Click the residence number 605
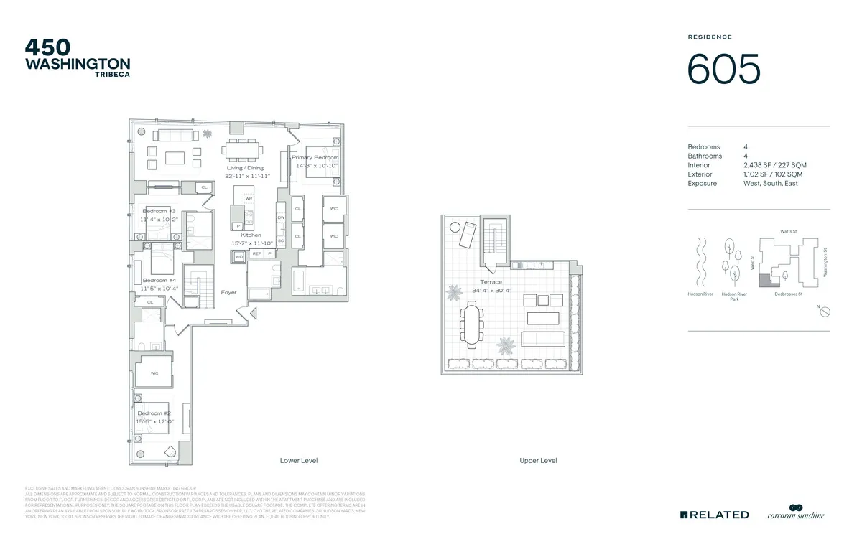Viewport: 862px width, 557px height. point(723,70)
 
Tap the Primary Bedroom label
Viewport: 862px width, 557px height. point(315,157)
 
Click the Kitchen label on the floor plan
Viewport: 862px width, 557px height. point(251,235)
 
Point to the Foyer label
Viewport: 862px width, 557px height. point(228,292)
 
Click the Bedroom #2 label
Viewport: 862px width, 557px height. point(154,413)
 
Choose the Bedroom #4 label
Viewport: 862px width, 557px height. point(159,280)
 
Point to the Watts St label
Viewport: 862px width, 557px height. point(789,231)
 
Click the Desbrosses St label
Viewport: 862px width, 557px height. point(788,294)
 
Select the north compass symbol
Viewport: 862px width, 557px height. point(825,312)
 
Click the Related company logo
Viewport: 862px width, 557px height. point(714,515)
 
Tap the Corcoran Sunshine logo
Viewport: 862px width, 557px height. point(796,512)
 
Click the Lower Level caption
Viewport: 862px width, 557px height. point(299,460)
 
